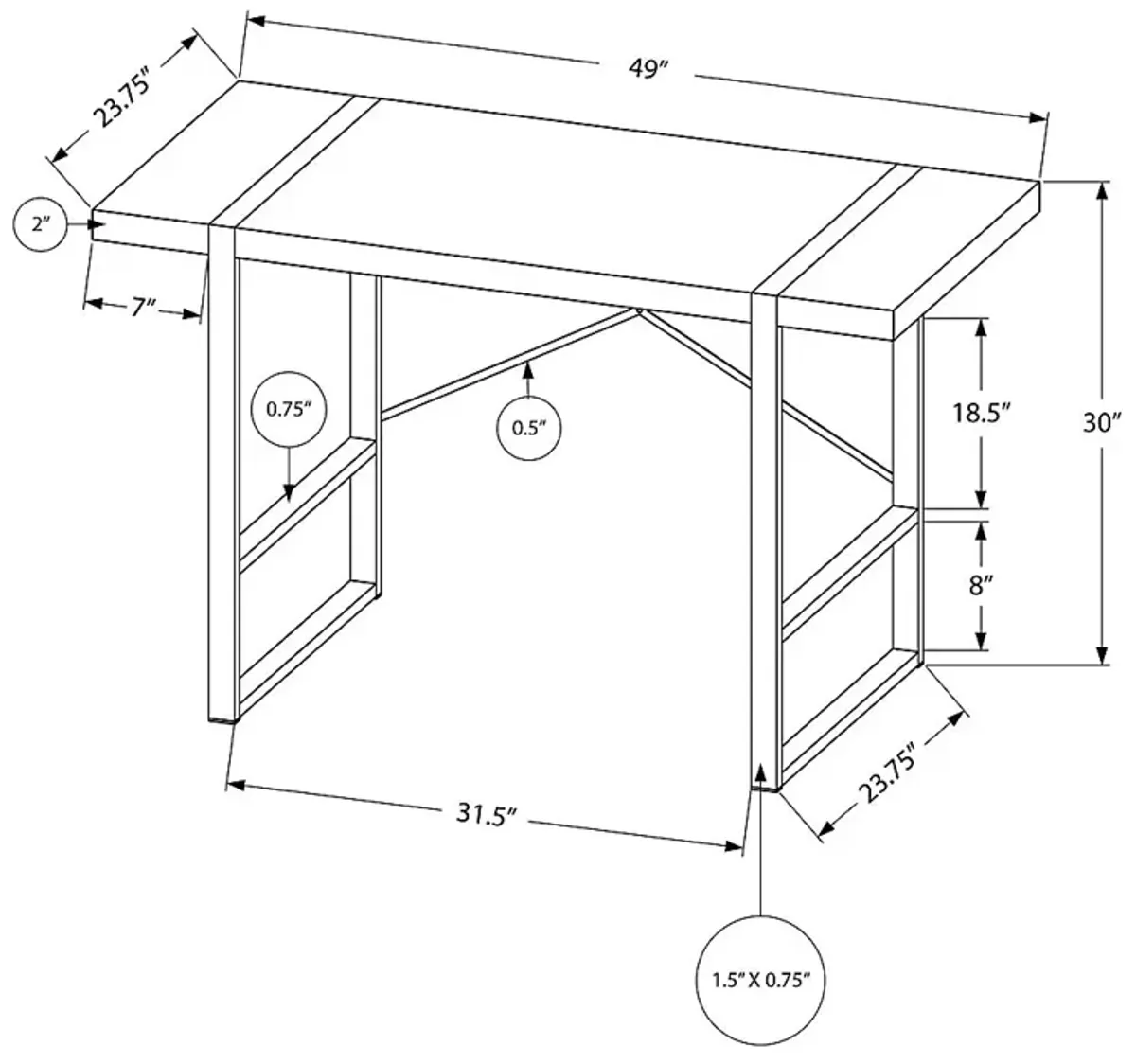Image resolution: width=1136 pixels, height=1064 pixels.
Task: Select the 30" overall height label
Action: tap(1102, 422)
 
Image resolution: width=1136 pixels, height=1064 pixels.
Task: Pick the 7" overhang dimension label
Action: tap(143, 308)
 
